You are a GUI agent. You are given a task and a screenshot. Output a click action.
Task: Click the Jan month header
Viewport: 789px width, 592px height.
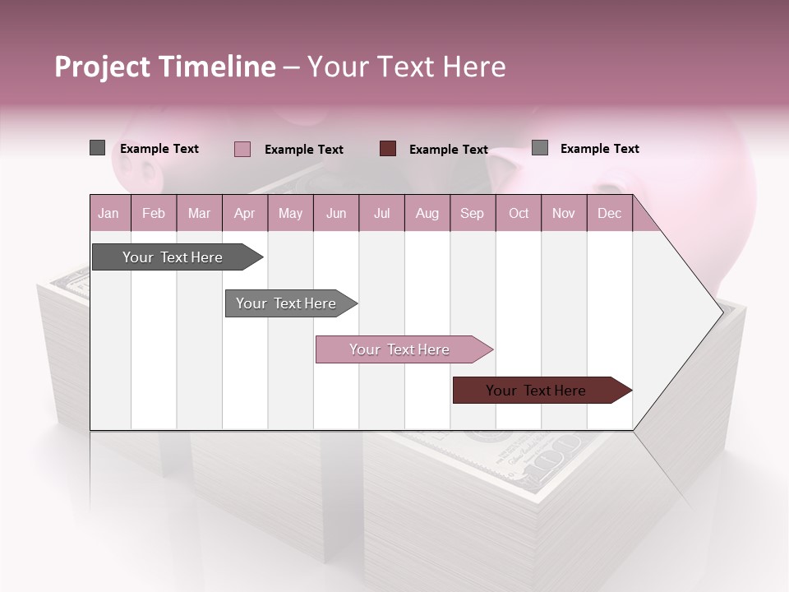pyautogui.click(x=109, y=213)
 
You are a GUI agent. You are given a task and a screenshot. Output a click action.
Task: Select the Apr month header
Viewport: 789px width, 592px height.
pyautogui.click(x=244, y=213)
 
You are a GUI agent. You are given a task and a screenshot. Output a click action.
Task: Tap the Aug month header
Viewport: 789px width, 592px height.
pyautogui.click(x=427, y=213)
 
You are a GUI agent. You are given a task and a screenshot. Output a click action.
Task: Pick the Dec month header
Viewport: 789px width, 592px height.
pyautogui.click(x=609, y=213)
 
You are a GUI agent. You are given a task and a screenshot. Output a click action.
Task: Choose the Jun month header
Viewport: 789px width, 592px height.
pyautogui.click(x=335, y=213)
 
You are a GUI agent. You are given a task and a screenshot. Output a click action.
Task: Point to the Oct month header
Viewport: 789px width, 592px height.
pyautogui.click(x=518, y=213)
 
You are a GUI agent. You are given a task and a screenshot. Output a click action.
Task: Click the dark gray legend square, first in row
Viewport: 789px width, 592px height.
pyautogui.click(x=97, y=148)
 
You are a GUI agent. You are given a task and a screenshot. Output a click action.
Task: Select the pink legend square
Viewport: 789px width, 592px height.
pyautogui.click(x=242, y=149)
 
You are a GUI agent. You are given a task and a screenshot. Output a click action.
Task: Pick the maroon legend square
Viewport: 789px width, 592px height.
pyautogui.click(x=388, y=149)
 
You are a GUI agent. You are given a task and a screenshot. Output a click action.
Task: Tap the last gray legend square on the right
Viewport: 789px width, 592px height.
pyautogui.click(x=539, y=148)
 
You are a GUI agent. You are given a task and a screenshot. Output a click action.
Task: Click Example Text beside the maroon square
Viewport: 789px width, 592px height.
pyautogui.click(x=448, y=149)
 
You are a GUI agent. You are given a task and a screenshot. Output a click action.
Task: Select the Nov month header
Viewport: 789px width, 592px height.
pyautogui.click(x=563, y=213)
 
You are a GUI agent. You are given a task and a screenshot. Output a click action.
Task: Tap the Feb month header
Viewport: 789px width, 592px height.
pyautogui.click(x=154, y=213)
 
